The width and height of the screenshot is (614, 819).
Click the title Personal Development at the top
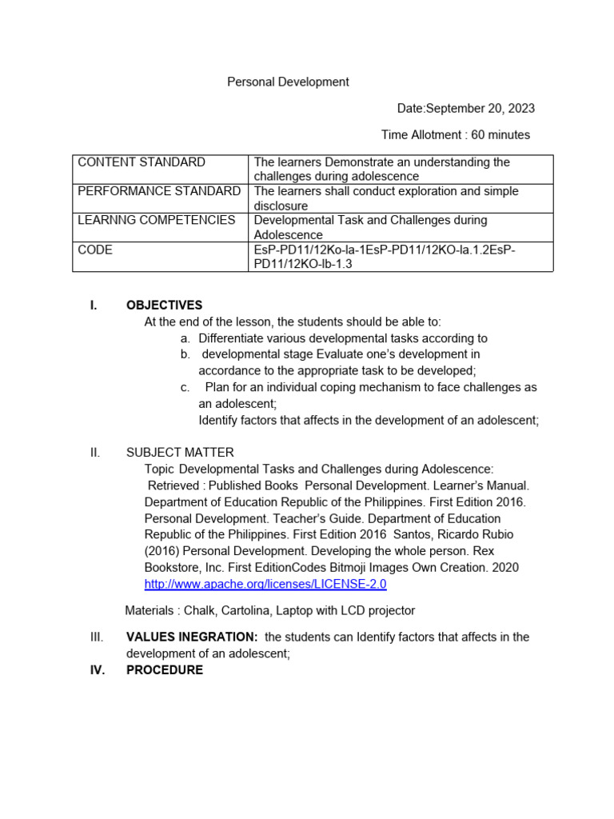click(x=288, y=82)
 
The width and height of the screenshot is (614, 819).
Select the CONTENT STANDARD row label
click(x=142, y=162)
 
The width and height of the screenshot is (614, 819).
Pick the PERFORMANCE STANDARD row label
click(x=159, y=191)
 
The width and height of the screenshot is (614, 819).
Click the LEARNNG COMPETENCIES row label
click(x=157, y=220)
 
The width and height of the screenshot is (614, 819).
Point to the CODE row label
click(x=95, y=250)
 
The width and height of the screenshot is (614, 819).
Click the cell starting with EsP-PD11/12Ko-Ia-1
click(x=385, y=257)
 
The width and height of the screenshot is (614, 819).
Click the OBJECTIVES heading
click(x=164, y=305)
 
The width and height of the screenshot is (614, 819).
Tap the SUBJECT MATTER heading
click(x=180, y=453)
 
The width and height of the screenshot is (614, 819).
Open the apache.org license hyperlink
click(x=265, y=584)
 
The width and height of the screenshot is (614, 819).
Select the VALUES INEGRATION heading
click(x=192, y=637)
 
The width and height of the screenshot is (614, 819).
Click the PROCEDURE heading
click(x=165, y=670)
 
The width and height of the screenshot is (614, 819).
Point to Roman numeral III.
click(x=96, y=637)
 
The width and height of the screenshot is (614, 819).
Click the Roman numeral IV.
click(x=97, y=670)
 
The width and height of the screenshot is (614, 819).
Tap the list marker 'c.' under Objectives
click(x=185, y=387)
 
